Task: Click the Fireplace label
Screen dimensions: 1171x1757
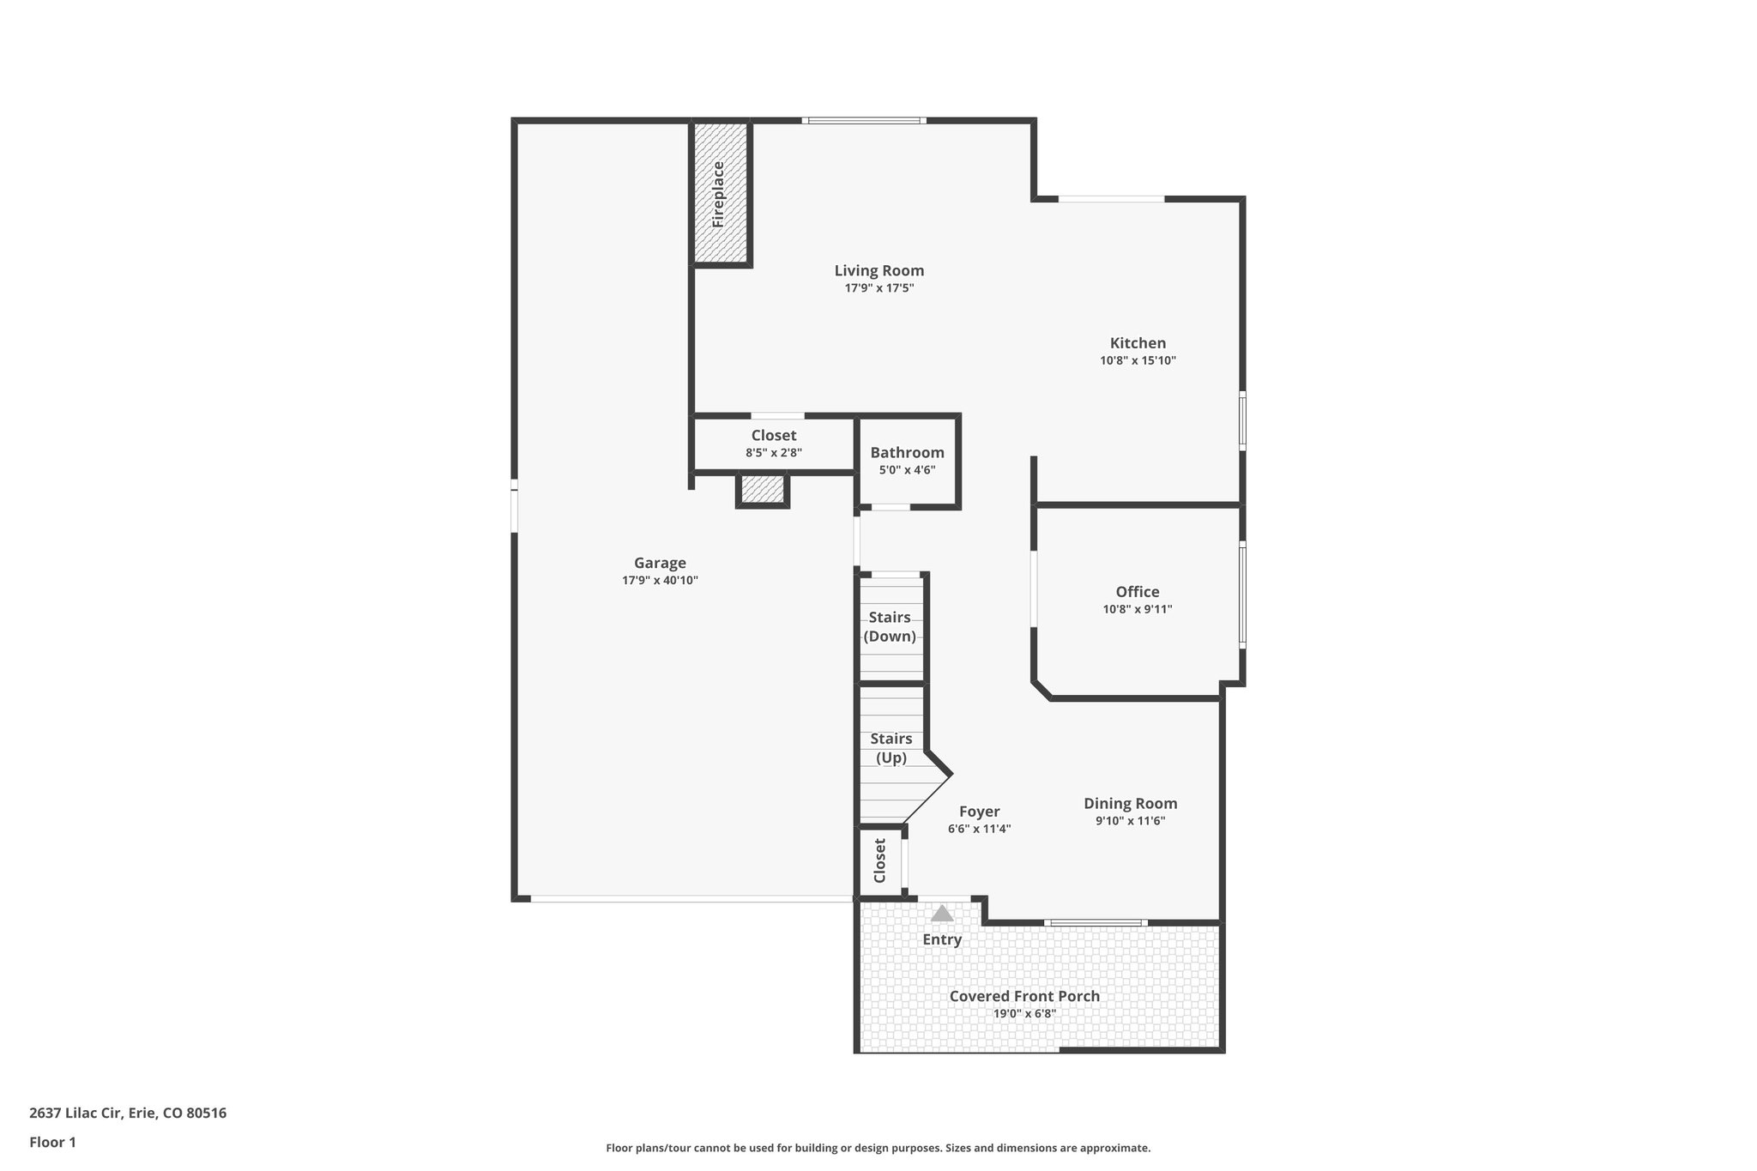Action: [719, 195]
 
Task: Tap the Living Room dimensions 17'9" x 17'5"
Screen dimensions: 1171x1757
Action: [879, 288]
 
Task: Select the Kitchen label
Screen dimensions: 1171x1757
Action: [1138, 343]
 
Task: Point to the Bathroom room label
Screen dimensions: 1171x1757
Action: [907, 452]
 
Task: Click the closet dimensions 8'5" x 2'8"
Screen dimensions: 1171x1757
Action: [774, 453]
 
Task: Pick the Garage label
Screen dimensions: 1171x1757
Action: [660, 563]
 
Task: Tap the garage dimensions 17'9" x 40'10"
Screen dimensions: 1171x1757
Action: [660, 581]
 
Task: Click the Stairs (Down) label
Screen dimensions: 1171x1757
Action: [890, 627]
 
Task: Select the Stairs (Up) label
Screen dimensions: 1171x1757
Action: [891, 748]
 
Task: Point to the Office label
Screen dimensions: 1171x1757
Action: [1138, 591]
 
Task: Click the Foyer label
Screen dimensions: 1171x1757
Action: [979, 812]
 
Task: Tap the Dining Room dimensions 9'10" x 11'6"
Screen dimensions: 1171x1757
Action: [1130, 821]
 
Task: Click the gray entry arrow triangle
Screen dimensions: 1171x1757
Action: [942, 914]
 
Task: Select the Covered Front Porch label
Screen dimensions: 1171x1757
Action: [1024, 996]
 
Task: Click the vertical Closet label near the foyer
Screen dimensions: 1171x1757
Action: [879, 860]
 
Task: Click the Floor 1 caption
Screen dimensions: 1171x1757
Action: [53, 1142]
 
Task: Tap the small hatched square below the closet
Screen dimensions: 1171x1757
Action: [762, 490]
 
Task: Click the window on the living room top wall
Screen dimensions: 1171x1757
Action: [864, 121]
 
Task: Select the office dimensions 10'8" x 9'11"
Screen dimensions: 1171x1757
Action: [1138, 610]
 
